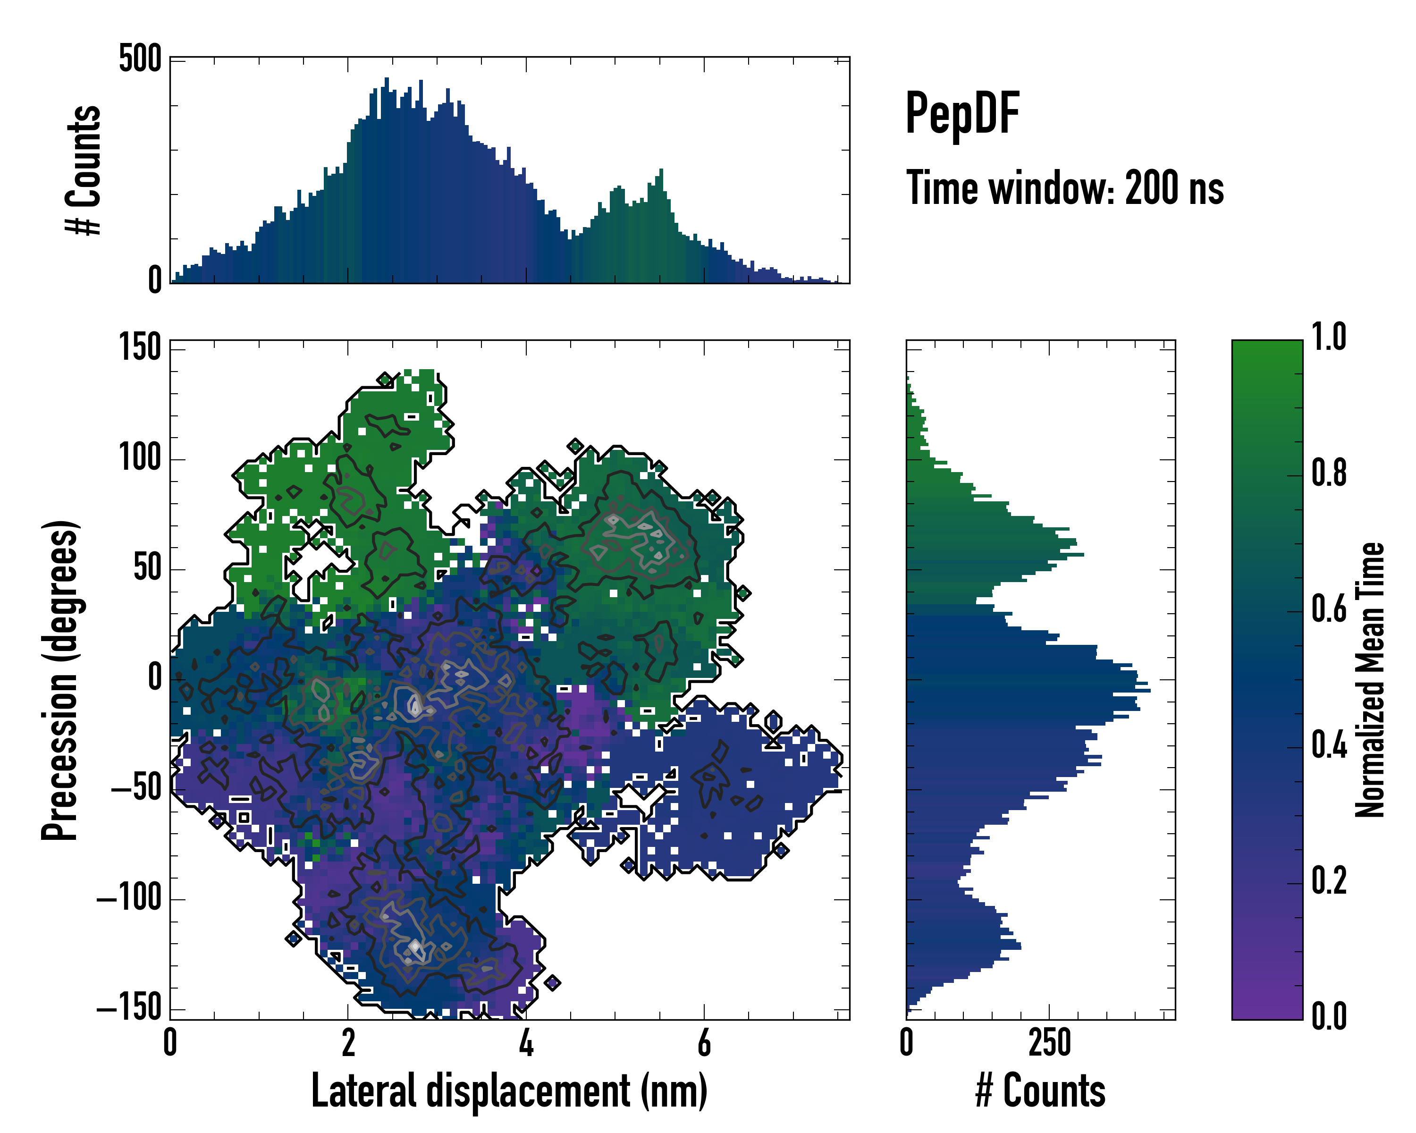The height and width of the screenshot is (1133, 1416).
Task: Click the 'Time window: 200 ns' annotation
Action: pos(1065,188)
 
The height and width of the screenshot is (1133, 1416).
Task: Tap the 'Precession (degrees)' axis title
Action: pos(60,680)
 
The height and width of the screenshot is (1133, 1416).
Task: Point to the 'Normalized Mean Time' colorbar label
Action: pos(1370,680)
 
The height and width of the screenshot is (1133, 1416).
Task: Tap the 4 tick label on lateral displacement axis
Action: pos(526,1042)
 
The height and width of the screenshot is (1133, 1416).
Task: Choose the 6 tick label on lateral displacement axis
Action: pos(704,1042)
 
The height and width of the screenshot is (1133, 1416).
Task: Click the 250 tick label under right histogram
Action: pos(1050,1042)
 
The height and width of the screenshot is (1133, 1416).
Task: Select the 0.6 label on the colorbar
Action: pos(1329,609)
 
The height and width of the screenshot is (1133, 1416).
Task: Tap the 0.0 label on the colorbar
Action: pos(1329,1016)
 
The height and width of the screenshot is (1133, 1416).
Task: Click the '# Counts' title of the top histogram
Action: pos(84,170)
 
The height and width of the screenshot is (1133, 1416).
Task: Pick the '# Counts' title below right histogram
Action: pos(1040,1091)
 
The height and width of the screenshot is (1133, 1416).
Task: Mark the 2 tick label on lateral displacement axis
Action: pos(348,1042)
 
